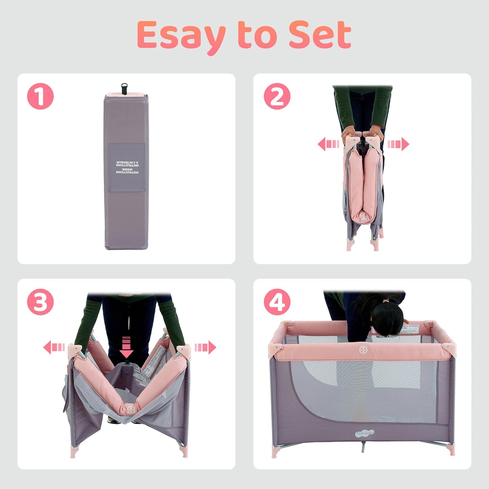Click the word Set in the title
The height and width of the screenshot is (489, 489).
click(x=320, y=35)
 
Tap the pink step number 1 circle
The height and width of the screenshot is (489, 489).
click(x=40, y=96)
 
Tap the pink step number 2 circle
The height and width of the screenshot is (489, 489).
click(x=277, y=96)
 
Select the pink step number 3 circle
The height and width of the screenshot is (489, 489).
click(x=40, y=302)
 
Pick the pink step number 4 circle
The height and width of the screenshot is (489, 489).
click(x=277, y=302)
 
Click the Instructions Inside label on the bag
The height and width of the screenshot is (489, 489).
click(x=127, y=168)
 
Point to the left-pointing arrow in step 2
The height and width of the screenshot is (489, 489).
click(x=328, y=144)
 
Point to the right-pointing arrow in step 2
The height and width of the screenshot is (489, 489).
click(x=398, y=144)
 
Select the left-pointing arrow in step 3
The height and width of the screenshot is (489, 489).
click(x=54, y=348)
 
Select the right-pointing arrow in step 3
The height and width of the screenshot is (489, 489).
click(x=205, y=348)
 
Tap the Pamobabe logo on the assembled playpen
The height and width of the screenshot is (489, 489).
click(x=364, y=433)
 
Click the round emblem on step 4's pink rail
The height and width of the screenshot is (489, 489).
click(x=364, y=350)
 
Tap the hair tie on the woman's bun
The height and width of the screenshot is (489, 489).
click(x=385, y=301)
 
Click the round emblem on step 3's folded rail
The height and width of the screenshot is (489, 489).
click(x=131, y=409)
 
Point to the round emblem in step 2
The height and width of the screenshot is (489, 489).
click(x=363, y=216)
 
